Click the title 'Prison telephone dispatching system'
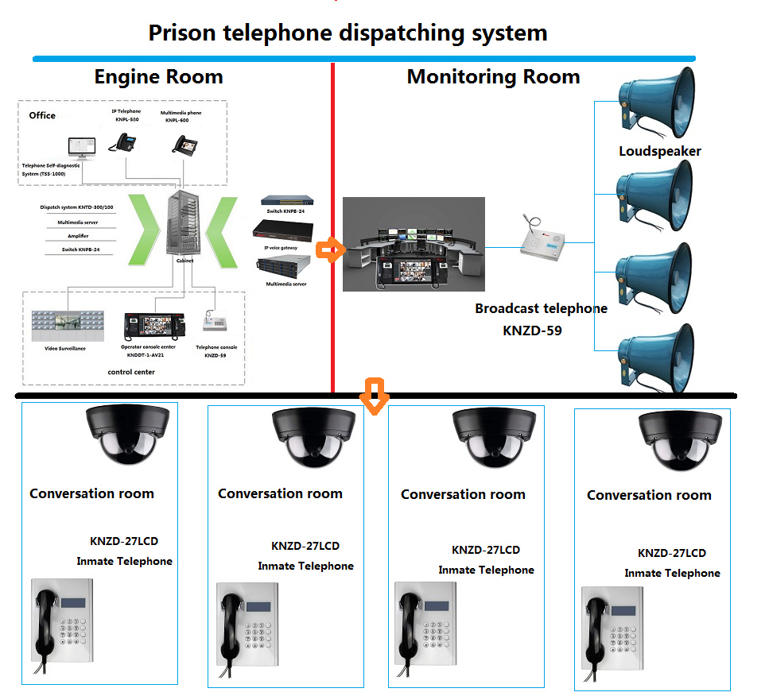(x=348, y=33)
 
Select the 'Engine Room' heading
(x=158, y=77)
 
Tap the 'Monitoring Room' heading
(x=493, y=77)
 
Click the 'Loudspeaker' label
(x=660, y=151)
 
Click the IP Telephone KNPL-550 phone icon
(x=125, y=141)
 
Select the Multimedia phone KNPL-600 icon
(x=185, y=144)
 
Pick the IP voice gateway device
(x=284, y=230)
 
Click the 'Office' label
(x=42, y=115)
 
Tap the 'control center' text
(x=131, y=371)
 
